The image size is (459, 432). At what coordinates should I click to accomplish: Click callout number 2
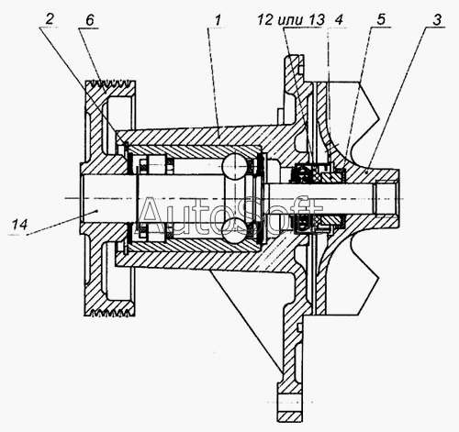[x=50, y=19]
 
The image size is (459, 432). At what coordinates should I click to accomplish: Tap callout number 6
[x=89, y=20]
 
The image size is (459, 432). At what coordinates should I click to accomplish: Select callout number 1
[x=218, y=20]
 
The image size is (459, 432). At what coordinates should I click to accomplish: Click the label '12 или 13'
[x=291, y=20]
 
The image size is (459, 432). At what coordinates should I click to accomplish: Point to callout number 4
[x=339, y=20]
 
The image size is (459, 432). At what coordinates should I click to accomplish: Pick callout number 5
[x=380, y=19]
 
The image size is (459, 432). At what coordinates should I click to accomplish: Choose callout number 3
[x=437, y=20]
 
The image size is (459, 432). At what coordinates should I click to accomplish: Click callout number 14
[x=20, y=225]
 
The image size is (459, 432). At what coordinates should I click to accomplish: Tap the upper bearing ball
[x=235, y=166]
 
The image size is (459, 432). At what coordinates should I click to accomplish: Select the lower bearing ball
[x=235, y=231]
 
